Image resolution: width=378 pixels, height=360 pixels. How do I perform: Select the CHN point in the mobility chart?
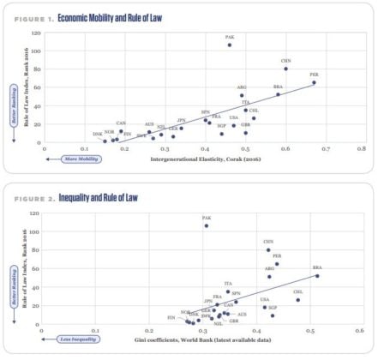coord(285,69)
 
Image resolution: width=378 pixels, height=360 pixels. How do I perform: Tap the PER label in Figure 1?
coord(314,75)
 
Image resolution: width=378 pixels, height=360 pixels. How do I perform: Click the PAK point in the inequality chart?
coord(207,226)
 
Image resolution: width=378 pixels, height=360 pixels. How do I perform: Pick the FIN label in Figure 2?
coord(171,317)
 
